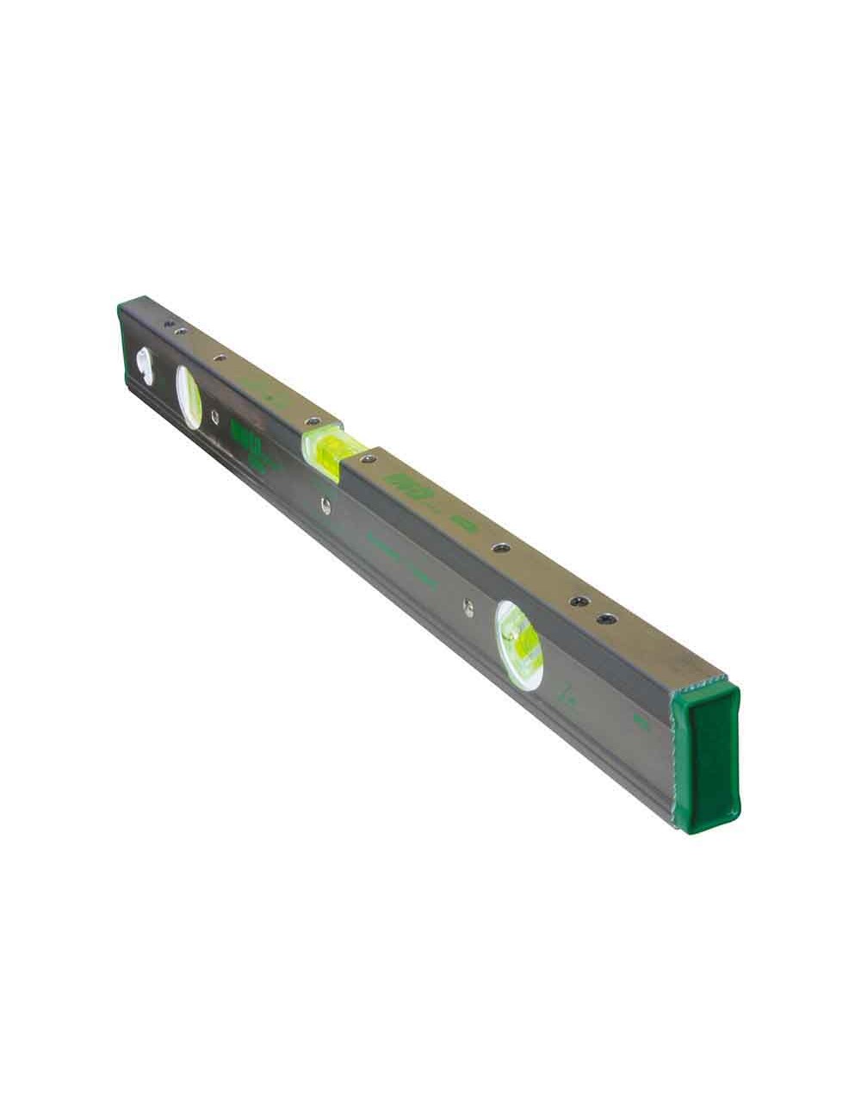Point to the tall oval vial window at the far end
click(x=189, y=395)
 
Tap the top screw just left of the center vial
click(x=308, y=422)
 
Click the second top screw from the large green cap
click(x=575, y=600)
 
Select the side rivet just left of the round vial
click(x=467, y=607)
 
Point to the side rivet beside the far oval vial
click(x=214, y=418)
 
